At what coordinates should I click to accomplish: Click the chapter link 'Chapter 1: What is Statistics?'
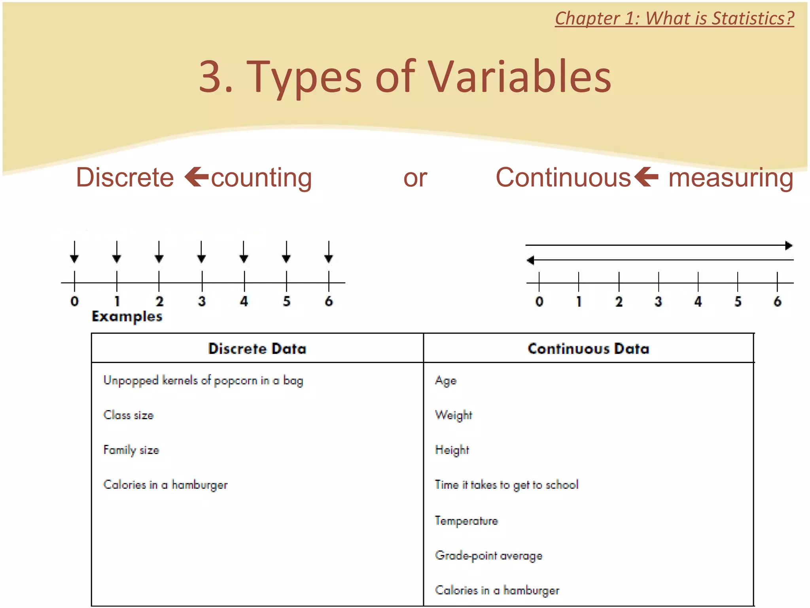click(674, 19)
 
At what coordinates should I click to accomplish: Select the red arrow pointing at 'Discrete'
click(197, 177)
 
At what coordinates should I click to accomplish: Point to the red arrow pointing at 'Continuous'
click(646, 177)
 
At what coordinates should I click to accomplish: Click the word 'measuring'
click(731, 178)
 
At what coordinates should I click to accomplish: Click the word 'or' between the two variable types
click(415, 178)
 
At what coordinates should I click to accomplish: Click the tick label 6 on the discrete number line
click(329, 302)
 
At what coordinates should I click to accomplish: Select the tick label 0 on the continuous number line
click(539, 302)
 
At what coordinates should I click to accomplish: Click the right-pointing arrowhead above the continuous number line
click(789, 245)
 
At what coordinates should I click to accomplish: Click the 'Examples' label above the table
click(127, 317)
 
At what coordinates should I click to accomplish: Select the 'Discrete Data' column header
click(257, 348)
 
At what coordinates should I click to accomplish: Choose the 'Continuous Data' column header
click(589, 348)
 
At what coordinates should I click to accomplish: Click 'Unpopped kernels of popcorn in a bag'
click(203, 380)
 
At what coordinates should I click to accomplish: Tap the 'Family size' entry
click(131, 450)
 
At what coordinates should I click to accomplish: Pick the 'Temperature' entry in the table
click(466, 521)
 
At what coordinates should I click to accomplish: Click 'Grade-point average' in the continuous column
click(488, 555)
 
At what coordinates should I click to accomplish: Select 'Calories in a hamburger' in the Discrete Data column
click(165, 485)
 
